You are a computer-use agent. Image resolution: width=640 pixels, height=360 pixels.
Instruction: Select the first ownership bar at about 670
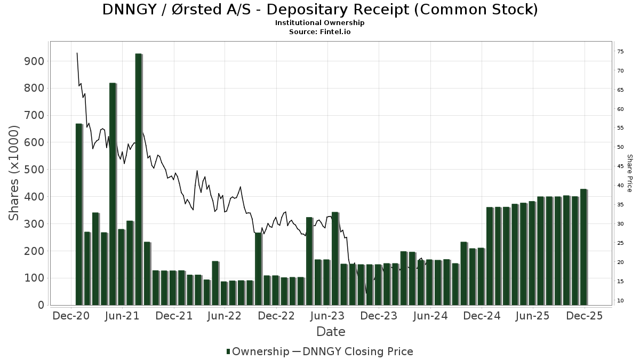click(79, 214)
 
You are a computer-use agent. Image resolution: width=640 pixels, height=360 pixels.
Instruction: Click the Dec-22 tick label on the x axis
click(276, 316)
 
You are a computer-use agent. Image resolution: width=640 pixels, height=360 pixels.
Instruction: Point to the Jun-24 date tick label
click(430, 316)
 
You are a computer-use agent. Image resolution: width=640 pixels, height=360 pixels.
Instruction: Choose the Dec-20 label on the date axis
click(70, 316)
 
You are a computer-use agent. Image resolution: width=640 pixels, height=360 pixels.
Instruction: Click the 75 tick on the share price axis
click(620, 51)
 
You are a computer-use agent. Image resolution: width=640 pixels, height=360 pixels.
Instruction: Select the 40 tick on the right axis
click(620, 186)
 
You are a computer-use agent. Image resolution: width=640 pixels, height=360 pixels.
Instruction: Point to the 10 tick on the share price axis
click(620, 301)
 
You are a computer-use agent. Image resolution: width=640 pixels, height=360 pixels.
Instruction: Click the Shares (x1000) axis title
click(15, 173)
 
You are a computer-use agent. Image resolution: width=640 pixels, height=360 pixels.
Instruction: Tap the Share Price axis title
click(629, 173)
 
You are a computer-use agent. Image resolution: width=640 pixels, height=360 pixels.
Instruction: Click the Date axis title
click(331, 332)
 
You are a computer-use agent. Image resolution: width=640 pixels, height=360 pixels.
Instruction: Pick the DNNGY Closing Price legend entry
click(363, 351)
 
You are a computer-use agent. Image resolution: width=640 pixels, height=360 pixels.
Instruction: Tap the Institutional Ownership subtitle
click(320, 23)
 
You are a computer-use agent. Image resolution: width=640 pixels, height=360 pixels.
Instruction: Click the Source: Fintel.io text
click(320, 31)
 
